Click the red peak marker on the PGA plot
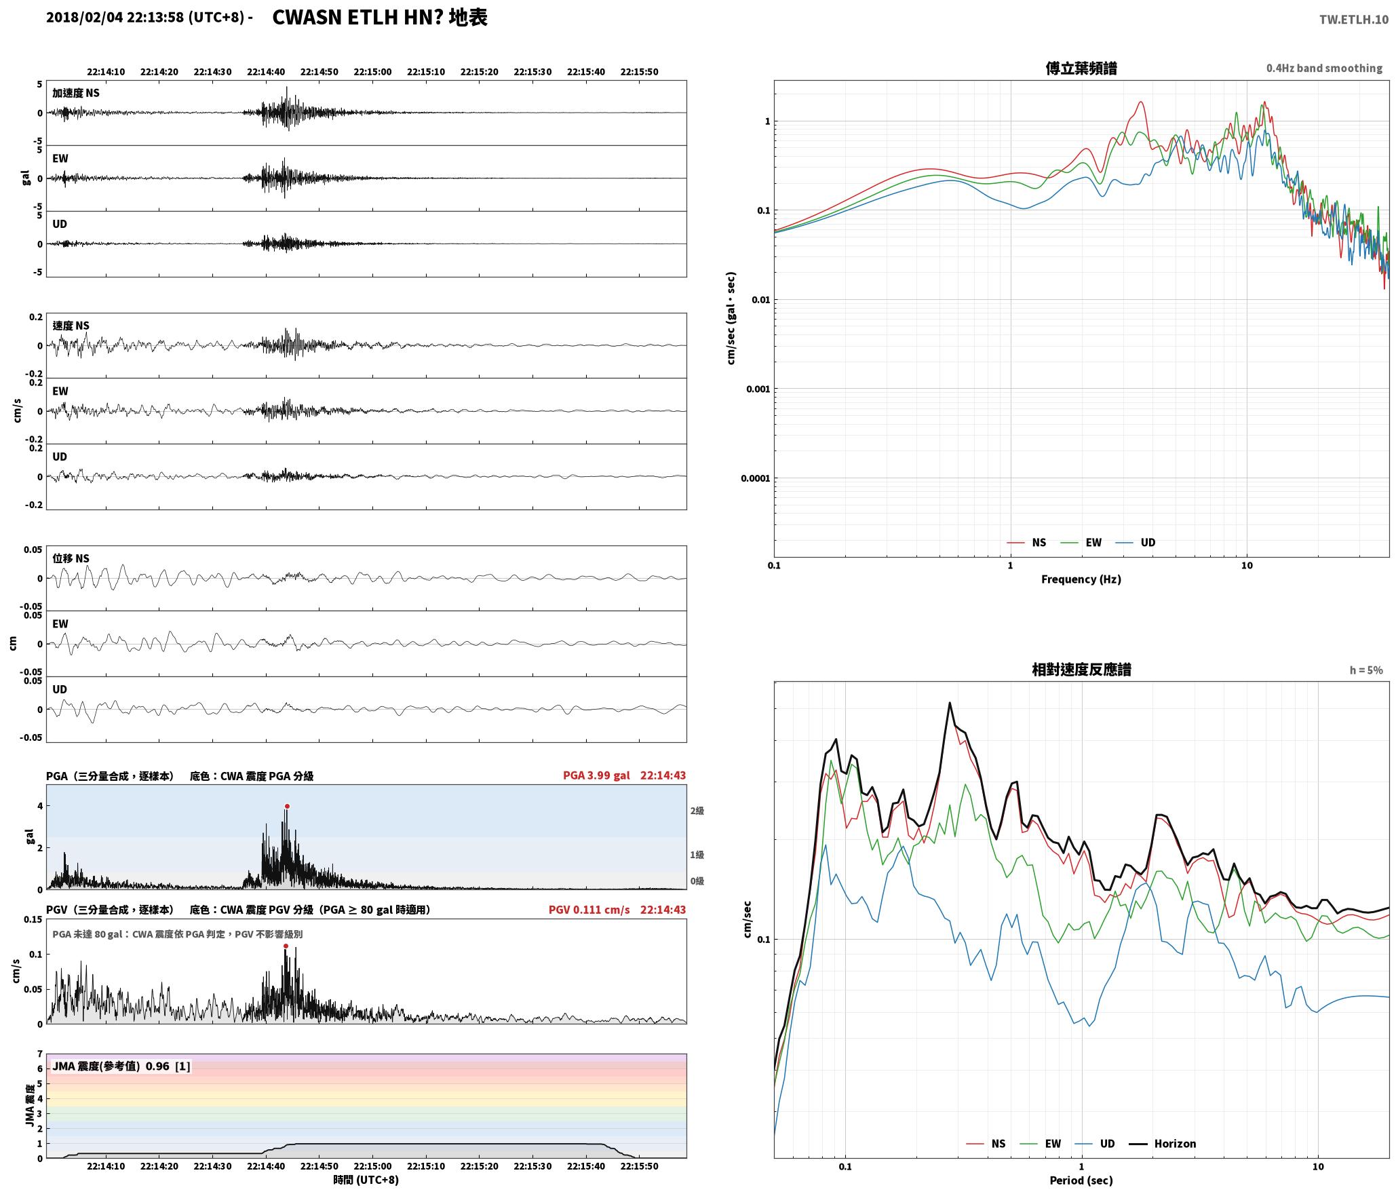(x=287, y=807)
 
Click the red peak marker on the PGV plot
(x=286, y=946)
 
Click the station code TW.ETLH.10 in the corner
(x=1353, y=20)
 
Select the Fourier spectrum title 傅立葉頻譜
(x=1081, y=69)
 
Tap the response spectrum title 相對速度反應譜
(x=1081, y=670)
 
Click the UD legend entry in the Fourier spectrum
(x=1136, y=543)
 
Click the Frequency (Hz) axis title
(x=1081, y=579)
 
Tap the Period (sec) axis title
(x=1081, y=1180)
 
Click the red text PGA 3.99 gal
(x=596, y=775)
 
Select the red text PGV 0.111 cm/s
(x=589, y=910)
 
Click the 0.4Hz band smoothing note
(x=1324, y=69)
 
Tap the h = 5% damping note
(x=1366, y=670)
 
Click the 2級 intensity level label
(x=697, y=811)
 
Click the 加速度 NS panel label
(x=76, y=93)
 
